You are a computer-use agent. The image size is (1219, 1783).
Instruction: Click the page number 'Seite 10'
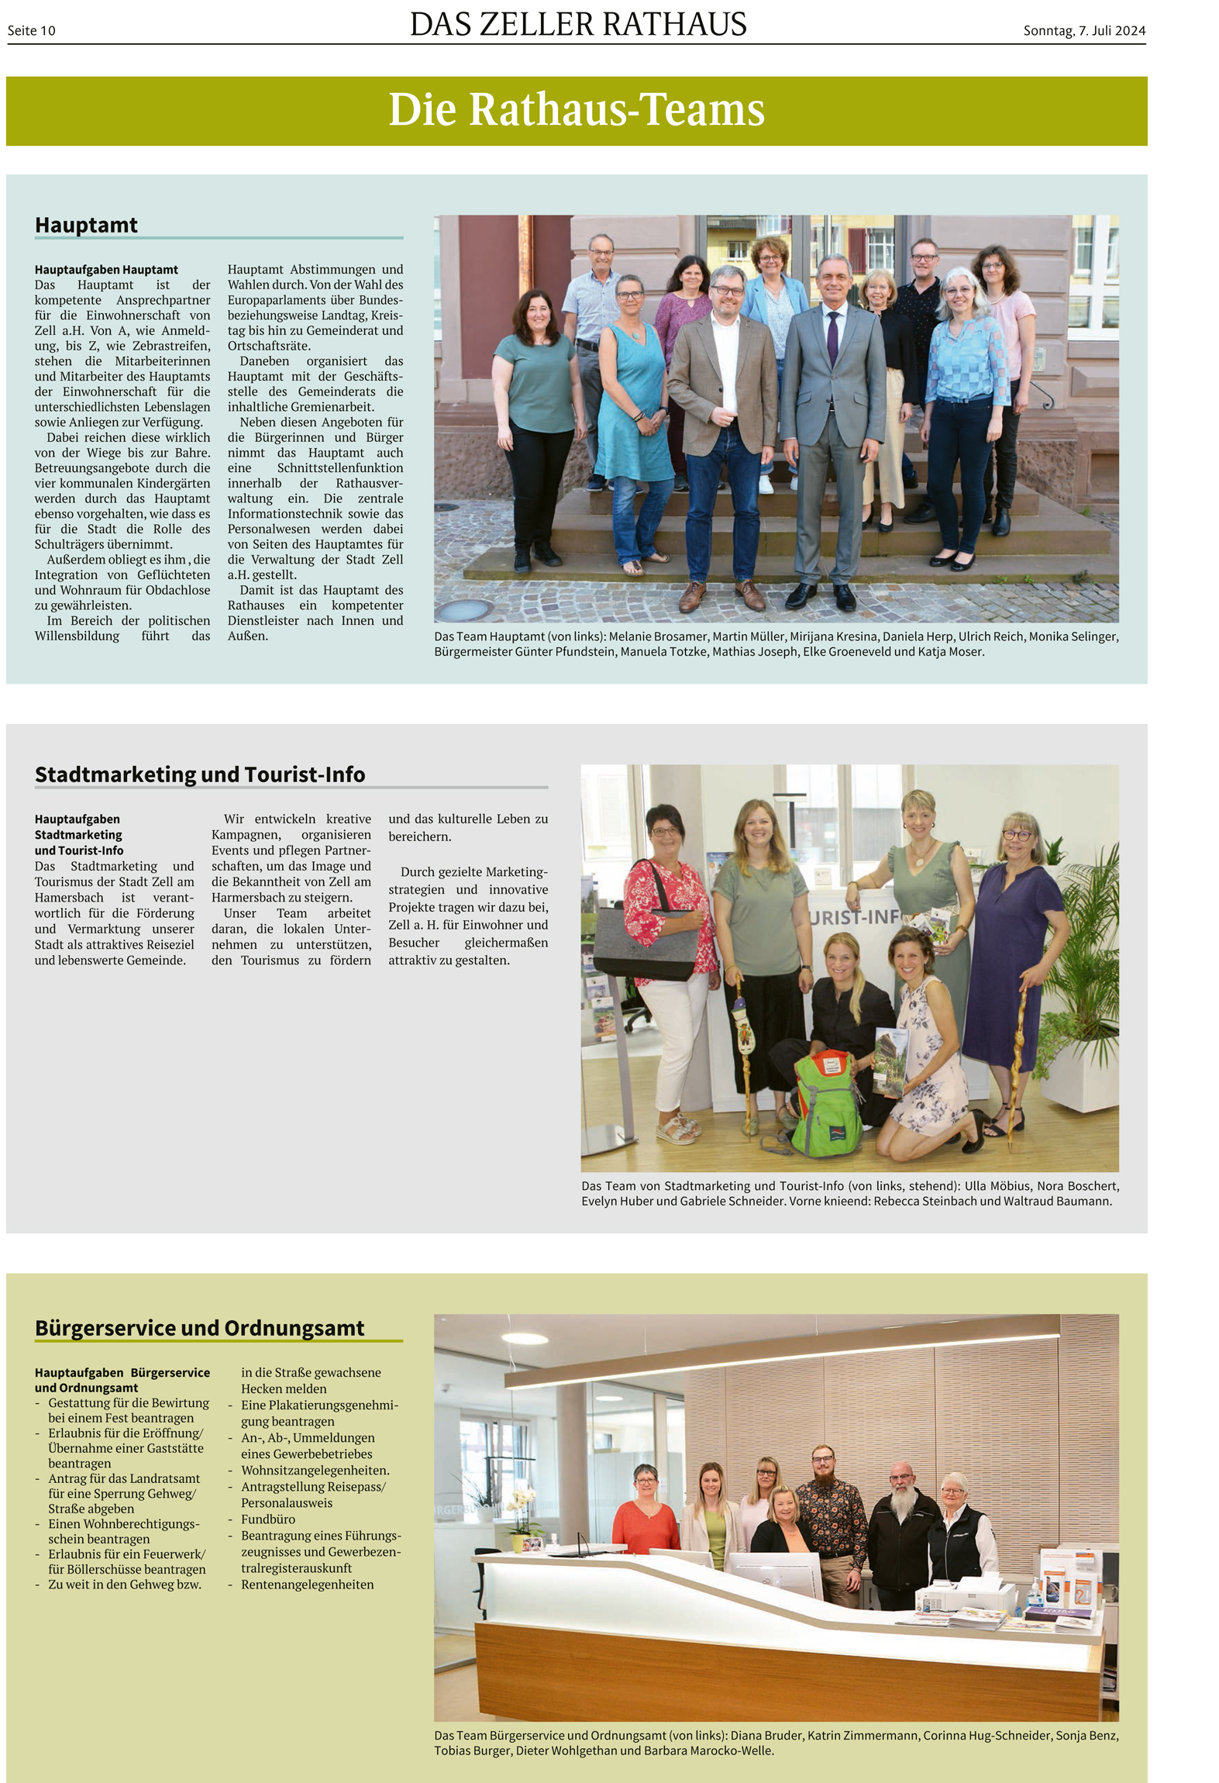[x=32, y=31]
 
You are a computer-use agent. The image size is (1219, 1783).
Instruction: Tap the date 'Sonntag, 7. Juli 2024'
[x=1083, y=31]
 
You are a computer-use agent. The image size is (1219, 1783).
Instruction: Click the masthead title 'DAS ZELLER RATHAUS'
[x=577, y=25]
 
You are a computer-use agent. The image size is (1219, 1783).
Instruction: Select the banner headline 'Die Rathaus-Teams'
[x=577, y=109]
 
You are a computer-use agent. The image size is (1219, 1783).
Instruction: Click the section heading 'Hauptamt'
[x=86, y=226]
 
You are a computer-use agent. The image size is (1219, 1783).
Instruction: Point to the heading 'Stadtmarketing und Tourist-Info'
[x=200, y=774]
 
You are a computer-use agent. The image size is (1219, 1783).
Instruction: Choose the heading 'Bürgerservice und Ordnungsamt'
[x=199, y=1328]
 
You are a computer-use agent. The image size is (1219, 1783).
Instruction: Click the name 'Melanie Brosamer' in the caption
[x=658, y=636]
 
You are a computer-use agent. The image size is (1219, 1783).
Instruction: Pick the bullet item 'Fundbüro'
[x=268, y=1519]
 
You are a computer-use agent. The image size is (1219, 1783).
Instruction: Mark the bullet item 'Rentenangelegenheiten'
[x=307, y=1585]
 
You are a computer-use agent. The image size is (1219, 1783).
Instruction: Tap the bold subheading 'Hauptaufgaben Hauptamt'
[x=106, y=270]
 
